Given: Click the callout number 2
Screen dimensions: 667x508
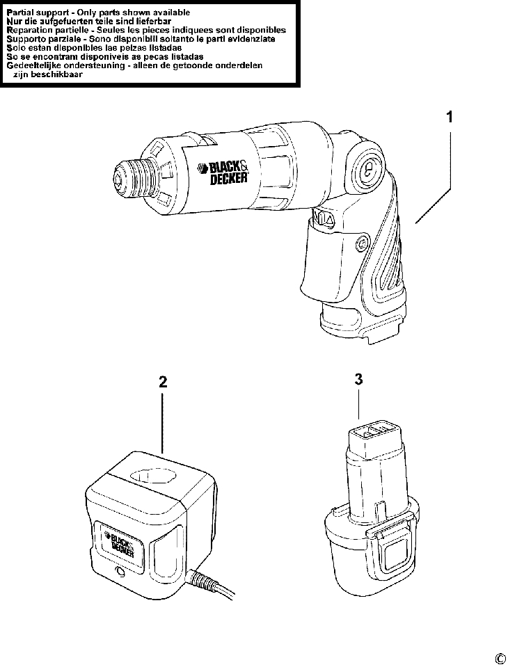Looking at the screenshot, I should [163, 382].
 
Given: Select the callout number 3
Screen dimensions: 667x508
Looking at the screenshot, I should [358, 379].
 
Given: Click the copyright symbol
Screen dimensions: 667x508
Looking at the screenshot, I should [500, 659].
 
